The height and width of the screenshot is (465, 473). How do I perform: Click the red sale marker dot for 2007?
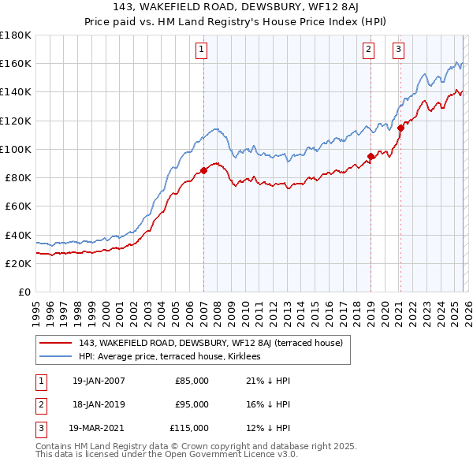pos(203,169)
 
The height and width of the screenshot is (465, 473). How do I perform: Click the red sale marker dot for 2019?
pos(371,156)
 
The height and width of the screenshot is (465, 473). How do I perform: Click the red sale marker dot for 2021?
pos(400,128)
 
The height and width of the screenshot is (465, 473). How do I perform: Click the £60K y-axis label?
pos(18,206)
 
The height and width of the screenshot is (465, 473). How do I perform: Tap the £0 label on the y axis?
pos(24,292)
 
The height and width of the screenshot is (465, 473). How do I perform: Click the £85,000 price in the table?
pos(192,381)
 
